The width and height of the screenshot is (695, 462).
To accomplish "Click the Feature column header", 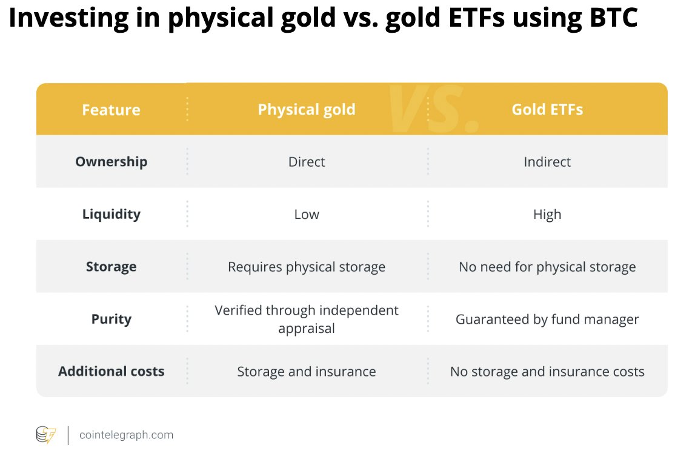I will pyautogui.click(x=111, y=110).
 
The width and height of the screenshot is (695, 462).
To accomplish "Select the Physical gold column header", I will pyautogui.click(x=307, y=109).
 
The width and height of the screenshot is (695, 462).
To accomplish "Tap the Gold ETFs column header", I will pyautogui.click(x=547, y=109).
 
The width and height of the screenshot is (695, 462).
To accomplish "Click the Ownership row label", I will pyautogui.click(x=111, y=162).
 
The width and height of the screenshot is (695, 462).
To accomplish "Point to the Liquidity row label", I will pyautogui.click(x=111, y=215).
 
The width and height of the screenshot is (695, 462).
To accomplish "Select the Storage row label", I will pyautogui.click(x=111, y=267).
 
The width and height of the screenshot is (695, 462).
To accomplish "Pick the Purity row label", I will pyautogui.click(x=111, y=320).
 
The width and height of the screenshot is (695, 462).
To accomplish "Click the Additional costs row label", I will pyautogui.click(x=111, y=372).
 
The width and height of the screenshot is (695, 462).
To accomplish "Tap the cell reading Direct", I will pyautogui.click(x=307, y=162).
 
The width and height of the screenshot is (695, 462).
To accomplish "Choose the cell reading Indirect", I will pyautogui.click(x=547, y=162).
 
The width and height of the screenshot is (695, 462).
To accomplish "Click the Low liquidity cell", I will pyautogui.click(x=307, y=215).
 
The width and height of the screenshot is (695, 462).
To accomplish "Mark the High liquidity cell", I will pyautogui.click(x=547, y=215).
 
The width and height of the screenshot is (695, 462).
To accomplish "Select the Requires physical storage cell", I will pyautogui.click(x=307, y=267).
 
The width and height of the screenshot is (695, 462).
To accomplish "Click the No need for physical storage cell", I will pyautogui.click(x=547, y=267).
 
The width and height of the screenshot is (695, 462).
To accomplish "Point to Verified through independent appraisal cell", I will pyautogui.click(x=307, y=320).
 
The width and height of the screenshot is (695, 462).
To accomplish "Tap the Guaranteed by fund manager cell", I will pyautogui.click(x=547, y=320).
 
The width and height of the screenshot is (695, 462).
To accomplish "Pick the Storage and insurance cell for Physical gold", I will pyautogui.click(x=307, y=372).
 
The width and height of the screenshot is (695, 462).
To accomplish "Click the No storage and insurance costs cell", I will pyautogui.click(x=547, y=372).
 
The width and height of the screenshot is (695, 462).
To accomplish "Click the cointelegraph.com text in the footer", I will pyautogui.click(x=126, y=435).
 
